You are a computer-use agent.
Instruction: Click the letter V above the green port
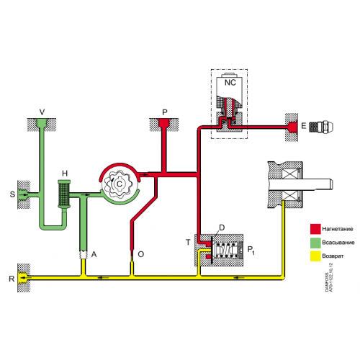42,112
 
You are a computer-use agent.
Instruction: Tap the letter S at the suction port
12,194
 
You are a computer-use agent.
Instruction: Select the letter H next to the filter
64,174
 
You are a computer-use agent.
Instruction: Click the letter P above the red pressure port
164,112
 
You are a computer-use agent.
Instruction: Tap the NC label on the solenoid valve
230,83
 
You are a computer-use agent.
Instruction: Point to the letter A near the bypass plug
94,254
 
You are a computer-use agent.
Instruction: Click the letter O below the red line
140,254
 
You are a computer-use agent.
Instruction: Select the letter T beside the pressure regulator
188,242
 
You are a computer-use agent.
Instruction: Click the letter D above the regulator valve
221,228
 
